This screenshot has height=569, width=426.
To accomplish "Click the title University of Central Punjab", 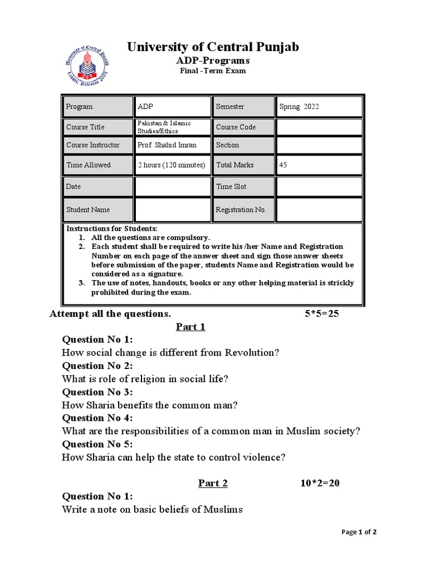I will pyautogui.click(x=213, y=47).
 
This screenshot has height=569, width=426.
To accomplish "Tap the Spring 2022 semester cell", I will pyautogui.click(x=319, y=107).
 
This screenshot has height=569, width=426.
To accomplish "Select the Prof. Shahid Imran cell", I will pyautogui.click(x=172, y=145).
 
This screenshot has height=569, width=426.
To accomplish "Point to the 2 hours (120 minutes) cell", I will pyautogui.click(x=172, y=165).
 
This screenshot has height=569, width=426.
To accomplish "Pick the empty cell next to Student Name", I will pyautogui.click(x=172, y=209).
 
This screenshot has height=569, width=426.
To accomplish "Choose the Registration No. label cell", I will pyautogui.click(x=243, y=209).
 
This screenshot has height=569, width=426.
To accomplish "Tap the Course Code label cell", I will pyautogui.click(x=243, y=127).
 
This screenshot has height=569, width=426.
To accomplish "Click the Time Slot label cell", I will pyautogui.click(x=243, y=187).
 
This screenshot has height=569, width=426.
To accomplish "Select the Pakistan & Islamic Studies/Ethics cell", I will pyautogui.click(x=172, y=127).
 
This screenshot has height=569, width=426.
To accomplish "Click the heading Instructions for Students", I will pyautogui.click(x=112, y=228).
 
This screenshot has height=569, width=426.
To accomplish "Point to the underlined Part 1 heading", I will pyautogui.click(x=191, y=327).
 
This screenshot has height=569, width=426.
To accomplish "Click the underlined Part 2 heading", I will pyautogui.click(x=213, y=483).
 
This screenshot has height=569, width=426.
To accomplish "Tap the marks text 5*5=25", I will pyautogui.click(x=322, y=314).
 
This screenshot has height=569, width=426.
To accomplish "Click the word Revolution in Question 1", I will pyautogui.click(x=253, y=353).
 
